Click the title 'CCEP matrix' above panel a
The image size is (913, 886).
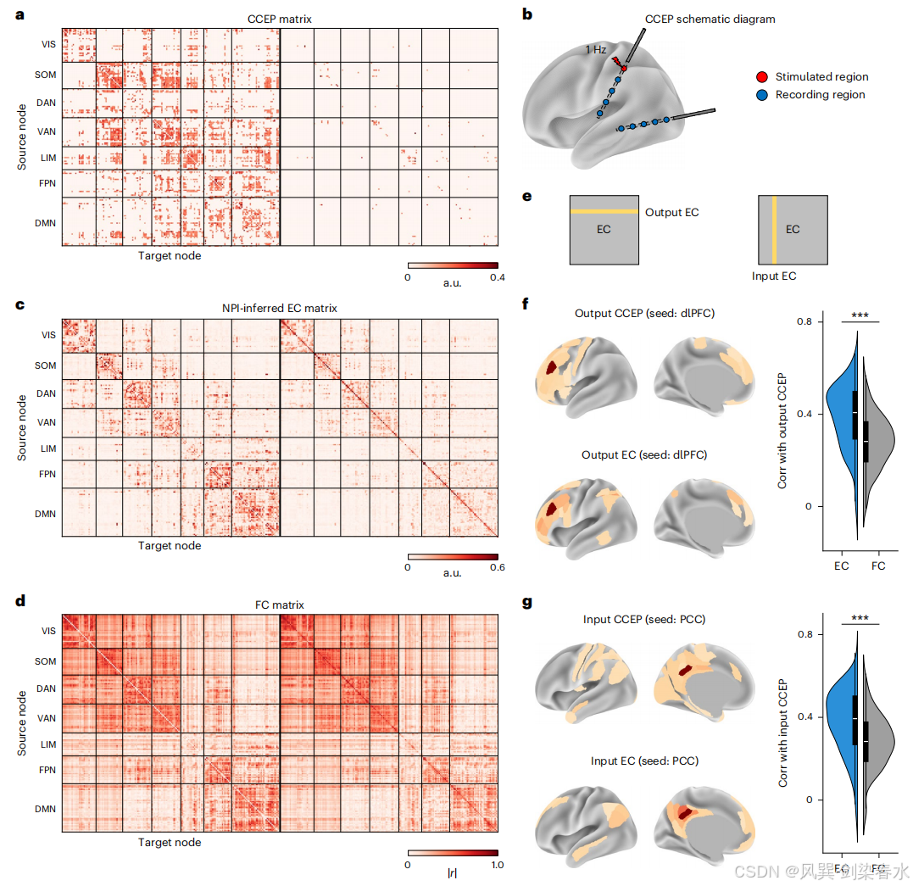(280, 20)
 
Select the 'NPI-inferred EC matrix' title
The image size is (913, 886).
(280, 308)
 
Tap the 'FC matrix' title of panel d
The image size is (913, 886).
(280, 605)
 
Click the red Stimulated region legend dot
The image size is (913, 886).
(761, 77)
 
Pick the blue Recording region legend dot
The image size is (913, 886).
(761, 95)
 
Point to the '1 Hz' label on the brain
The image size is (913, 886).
(596, 49)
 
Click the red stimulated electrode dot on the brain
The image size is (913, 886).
(624, 69)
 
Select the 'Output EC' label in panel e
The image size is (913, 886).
(672, 213)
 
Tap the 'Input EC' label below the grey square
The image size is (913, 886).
(774, 276)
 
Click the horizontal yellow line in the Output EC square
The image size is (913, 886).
(604, 211)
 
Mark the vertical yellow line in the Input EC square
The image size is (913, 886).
(775, 230)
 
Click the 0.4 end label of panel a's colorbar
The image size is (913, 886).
(498, 277)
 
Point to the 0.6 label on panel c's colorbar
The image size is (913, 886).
(498, 567)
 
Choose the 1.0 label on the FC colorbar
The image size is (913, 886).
(498, 865)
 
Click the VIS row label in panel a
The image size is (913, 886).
(49, 44)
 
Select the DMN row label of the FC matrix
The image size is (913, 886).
(46, 809)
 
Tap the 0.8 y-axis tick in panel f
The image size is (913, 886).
(804, 321)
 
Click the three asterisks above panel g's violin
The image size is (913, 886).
(860, 618)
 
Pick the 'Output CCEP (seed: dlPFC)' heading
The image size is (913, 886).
(644, 314)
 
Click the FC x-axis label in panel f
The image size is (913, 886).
(878, 566)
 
